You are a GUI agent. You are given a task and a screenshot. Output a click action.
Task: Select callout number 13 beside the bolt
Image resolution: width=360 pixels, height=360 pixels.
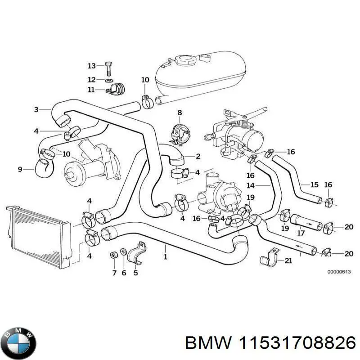(92, 66)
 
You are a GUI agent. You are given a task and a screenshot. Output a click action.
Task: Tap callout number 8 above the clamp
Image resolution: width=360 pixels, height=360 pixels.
(180, 112)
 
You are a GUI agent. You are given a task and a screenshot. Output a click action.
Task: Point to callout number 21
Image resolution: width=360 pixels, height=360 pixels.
(288, 261)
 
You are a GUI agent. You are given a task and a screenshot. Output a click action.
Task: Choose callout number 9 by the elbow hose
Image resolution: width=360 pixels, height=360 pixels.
(20, 170)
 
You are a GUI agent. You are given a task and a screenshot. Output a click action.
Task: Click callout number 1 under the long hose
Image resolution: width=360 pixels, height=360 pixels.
(166, 257)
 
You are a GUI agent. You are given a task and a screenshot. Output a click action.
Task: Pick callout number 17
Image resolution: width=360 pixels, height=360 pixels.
(301, 233)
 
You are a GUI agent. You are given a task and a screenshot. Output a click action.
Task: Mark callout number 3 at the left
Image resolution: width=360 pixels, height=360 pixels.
(36, 109)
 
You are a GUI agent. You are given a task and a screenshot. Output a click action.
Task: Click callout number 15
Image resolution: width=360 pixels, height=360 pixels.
(315, 184)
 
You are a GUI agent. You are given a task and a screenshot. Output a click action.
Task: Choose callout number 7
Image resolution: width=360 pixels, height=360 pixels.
(114, 272)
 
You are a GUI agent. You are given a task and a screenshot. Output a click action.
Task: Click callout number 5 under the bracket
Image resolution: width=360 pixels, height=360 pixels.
(136, 272)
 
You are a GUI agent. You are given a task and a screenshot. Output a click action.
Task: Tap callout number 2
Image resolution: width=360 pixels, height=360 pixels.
(198, 156)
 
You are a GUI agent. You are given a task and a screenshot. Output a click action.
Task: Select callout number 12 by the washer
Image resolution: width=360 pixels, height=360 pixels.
(92, 79)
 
